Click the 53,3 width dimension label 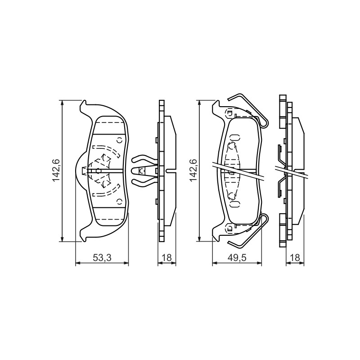click(102, 257)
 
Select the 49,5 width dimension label click(237, 257)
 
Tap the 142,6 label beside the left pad click(57, 170)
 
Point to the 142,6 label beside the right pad click(193, 170)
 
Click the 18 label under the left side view click(167, 257)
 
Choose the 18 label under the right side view click(295, 257)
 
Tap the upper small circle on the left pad click(119, 140)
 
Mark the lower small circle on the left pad click(119, 201)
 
